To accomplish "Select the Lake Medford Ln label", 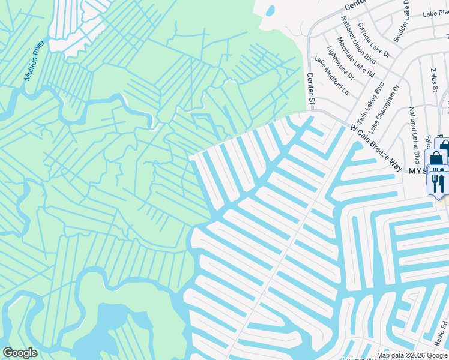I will (x=331, y=76).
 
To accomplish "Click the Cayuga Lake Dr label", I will (x=375, y=40).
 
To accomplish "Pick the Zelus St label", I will (x=433, y=80).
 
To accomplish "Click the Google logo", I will (x=20, y=353).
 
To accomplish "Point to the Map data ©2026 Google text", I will (x=412, y=355).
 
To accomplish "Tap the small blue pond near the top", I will (x=270, y=10).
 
